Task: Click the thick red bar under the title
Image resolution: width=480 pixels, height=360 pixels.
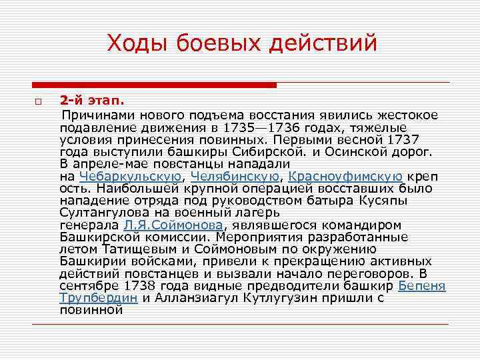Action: [154, 85]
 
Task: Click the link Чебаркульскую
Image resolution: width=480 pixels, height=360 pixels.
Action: [129, 176]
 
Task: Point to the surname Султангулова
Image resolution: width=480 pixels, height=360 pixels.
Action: [100, 213]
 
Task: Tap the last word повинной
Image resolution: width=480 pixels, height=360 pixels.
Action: [91, 309]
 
